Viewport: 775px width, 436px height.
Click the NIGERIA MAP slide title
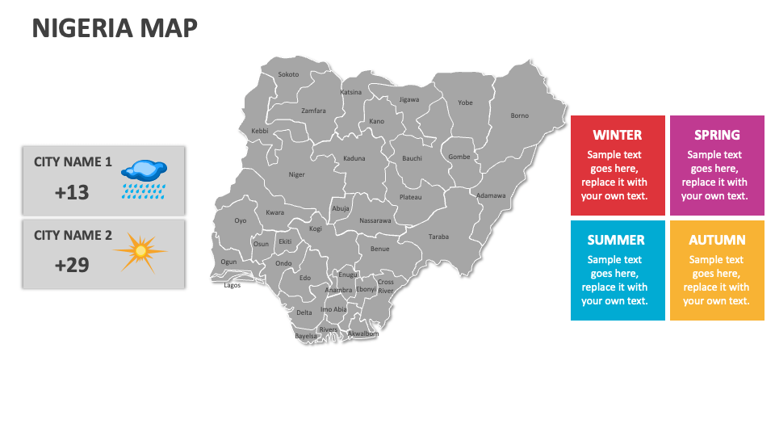(x=115, y=28)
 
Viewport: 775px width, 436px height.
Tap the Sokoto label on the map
(x=288, y=74)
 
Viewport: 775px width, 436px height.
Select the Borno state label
(x=520, y=115)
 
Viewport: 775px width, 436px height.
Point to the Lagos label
(x=232, y=285)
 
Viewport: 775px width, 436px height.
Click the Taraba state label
(x=438, y=237)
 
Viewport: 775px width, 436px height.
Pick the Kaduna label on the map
(x=354, y=158)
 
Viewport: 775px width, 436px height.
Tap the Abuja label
(x=341, y=208)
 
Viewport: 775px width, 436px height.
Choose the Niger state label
(x=297, y=174)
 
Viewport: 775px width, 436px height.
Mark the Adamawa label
(x=491, y=195)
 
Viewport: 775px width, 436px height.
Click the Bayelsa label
(x=306, y=335)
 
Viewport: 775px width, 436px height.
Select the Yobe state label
(x=465, y=103)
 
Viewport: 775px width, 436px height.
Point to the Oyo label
(x=241, y=220)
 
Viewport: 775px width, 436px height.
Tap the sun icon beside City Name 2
(x=140, y=252)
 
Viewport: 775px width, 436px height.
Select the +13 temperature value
(x=72, y=192)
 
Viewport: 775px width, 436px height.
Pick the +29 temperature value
(x=72, y=265)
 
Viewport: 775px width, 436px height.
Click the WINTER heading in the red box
(x=618, y=135)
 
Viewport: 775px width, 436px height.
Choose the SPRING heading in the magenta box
(x=717, y=135)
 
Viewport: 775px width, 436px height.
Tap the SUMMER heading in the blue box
(x=616, y=240)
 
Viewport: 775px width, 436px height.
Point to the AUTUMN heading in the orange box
(x=717, y=240)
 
